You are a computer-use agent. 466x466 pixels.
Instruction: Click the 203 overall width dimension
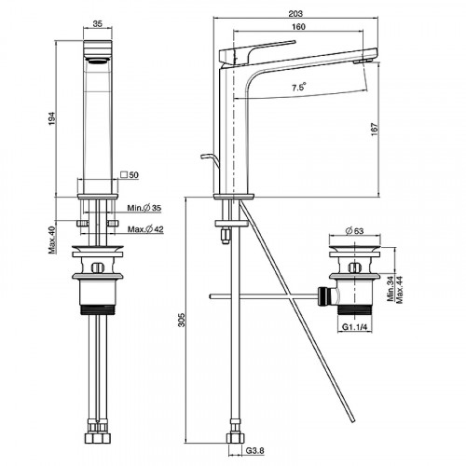[295, 14]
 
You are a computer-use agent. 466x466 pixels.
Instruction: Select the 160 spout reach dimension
[298, 27]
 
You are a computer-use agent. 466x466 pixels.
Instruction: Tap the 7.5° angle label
[299, 87]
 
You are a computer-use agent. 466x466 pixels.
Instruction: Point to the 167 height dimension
[375, 129]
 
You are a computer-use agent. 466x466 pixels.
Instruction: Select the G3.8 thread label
[255, 450]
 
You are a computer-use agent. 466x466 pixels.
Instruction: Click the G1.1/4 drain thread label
[354, 327]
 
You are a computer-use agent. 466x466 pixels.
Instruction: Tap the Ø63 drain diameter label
[354, 231]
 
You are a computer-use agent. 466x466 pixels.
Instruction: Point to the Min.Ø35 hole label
[144, 208]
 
